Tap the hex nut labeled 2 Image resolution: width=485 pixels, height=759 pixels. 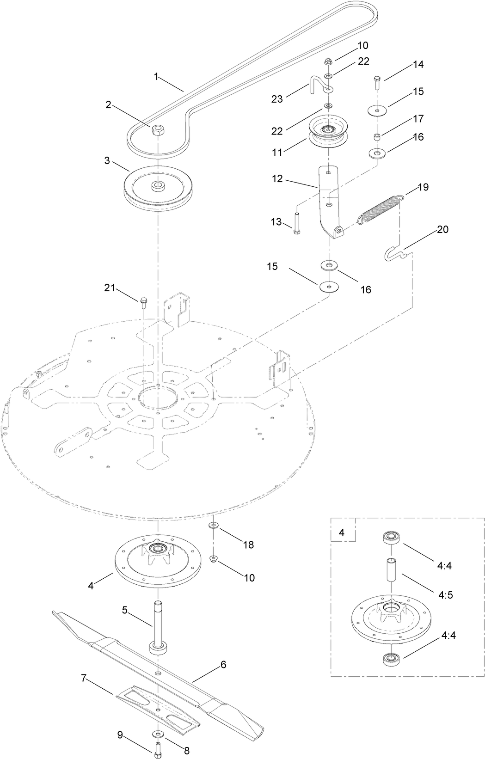(x=158, y=131)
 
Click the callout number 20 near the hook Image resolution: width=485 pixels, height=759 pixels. (x=442, y=230)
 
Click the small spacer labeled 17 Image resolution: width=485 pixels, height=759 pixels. (x=377, y=136)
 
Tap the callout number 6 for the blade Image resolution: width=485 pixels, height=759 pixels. (x=223, y=665)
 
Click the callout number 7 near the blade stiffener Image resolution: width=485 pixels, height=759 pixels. (x=84, y=678)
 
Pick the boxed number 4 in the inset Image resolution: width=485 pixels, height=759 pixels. (x=342, y=533)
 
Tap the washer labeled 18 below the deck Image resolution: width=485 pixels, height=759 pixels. (x=214, y=526)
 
